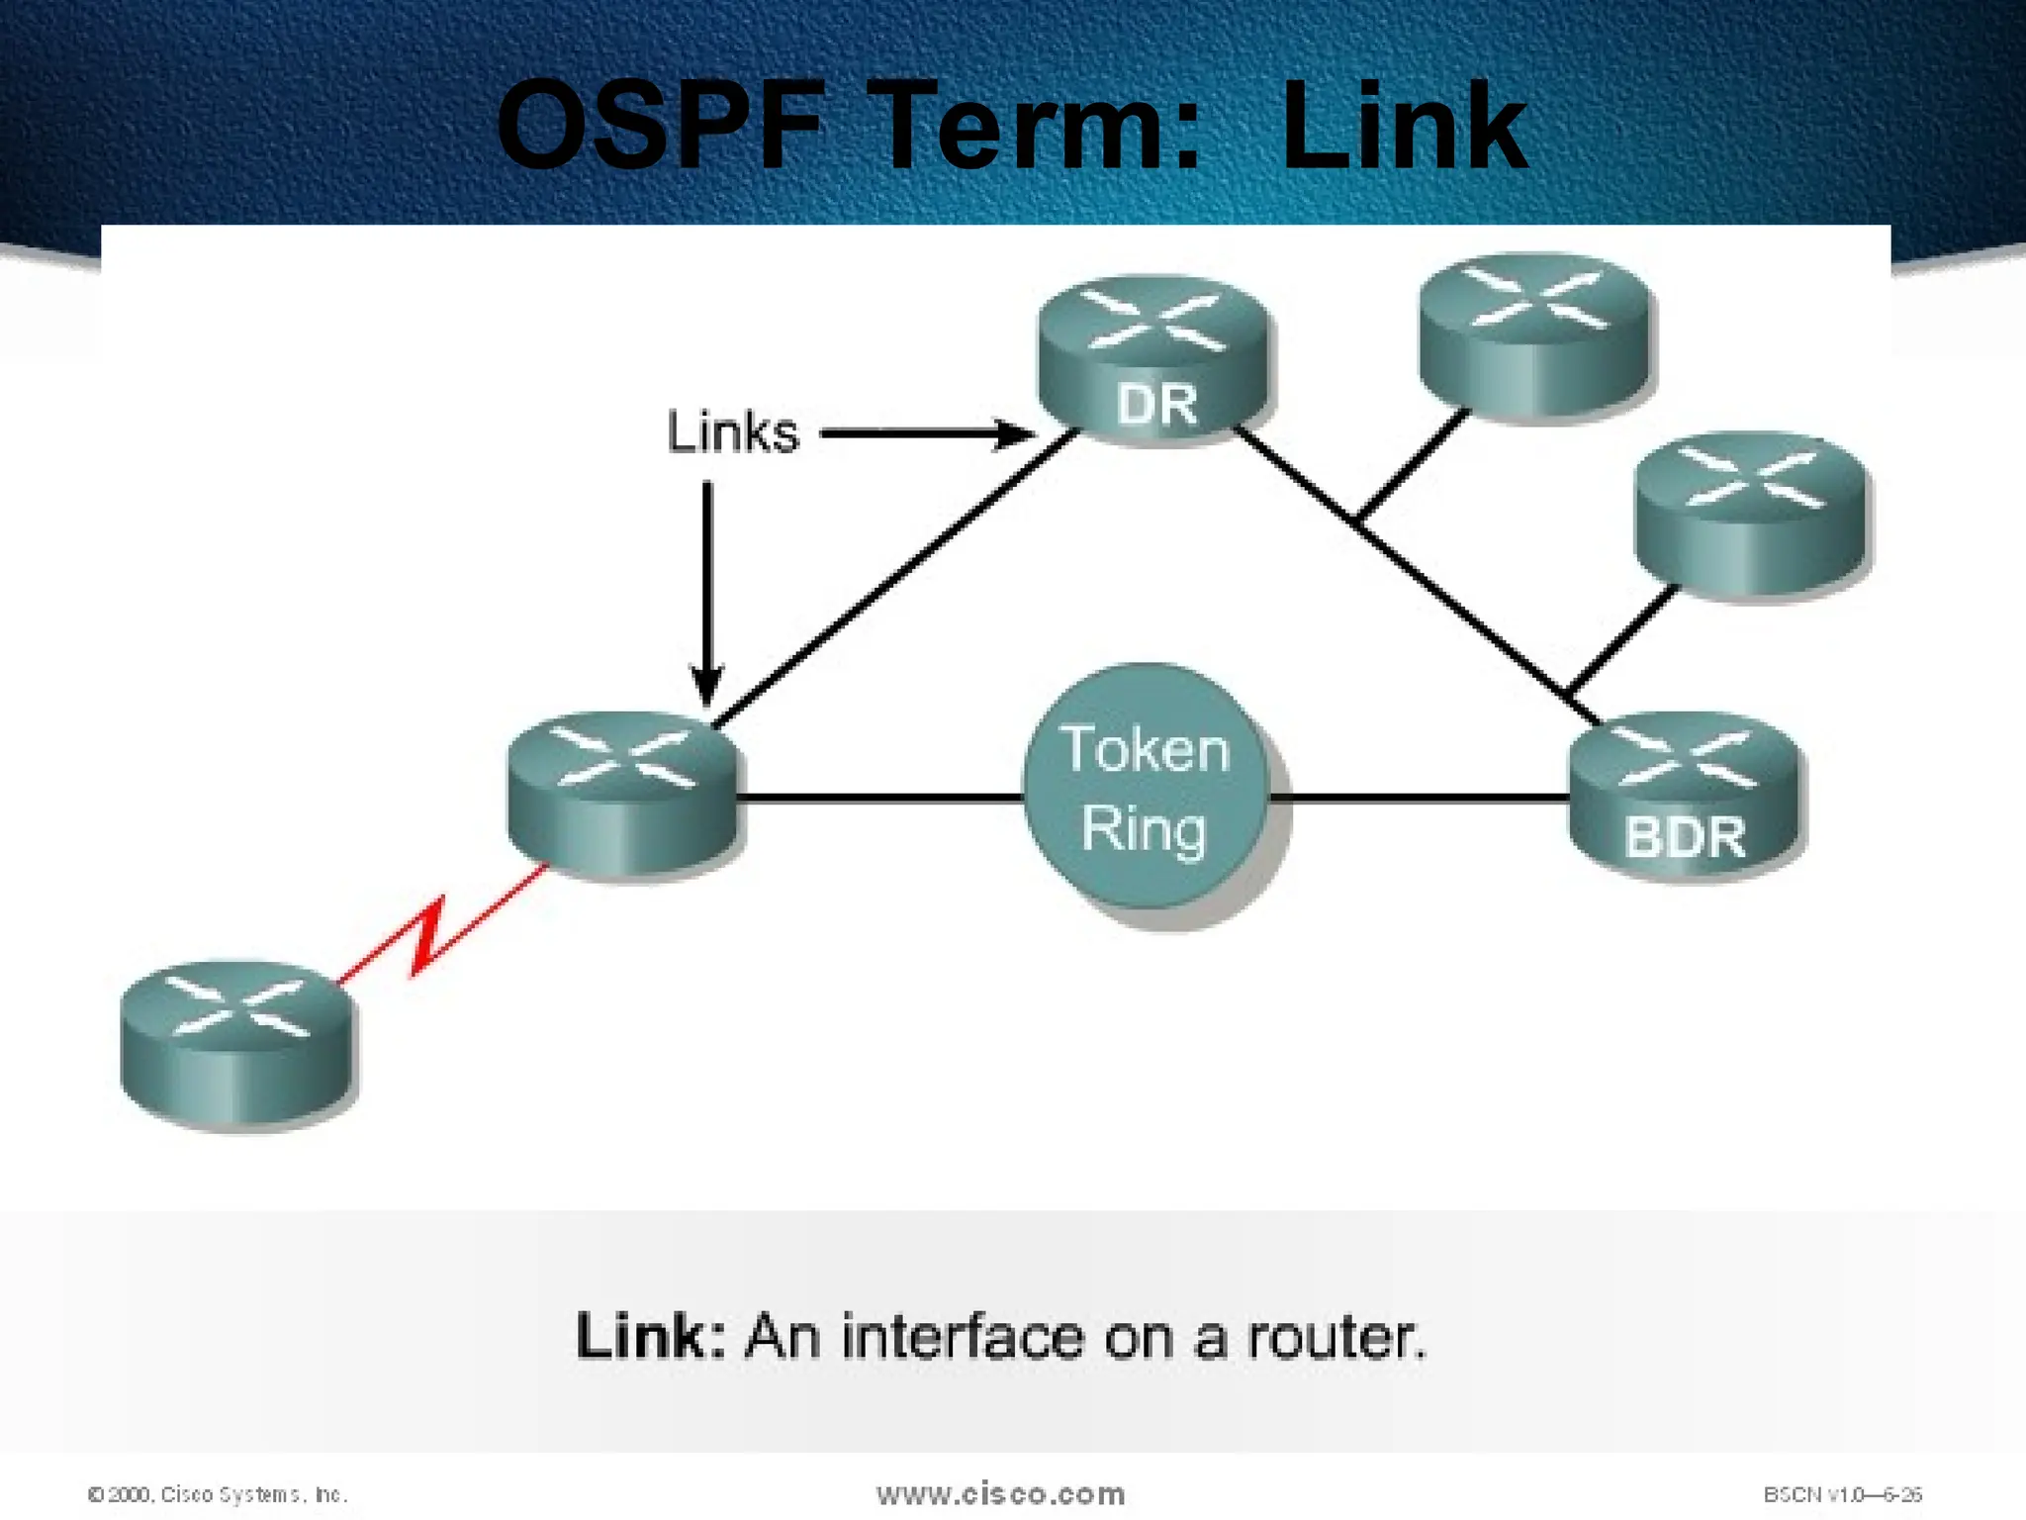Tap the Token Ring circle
pyautogui.click(x=1146, y=789)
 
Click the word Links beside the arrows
pyautogui.click(x=732, y=432)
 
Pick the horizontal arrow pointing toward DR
pyautogui.click(x=925, y=433)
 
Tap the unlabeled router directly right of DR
pyautogui.click(x=1535, y=336)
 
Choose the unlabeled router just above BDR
pyautogui.click(x=1750, y=513)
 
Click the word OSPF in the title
pyautogui.click(x=659, y=127)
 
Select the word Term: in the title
pyautogui.click(x=1039, y=127)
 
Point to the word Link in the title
pyautogui.click(x=1405, y=127)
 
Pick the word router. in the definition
pyautogui.click(x=1335, y=1338)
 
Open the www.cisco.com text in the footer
pyautogui.click(x=1000, y=1493)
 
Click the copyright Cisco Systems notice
pyautogui.click(x=218, y=1494)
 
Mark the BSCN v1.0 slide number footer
pyautogui.click(x=1842, y=1494)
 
